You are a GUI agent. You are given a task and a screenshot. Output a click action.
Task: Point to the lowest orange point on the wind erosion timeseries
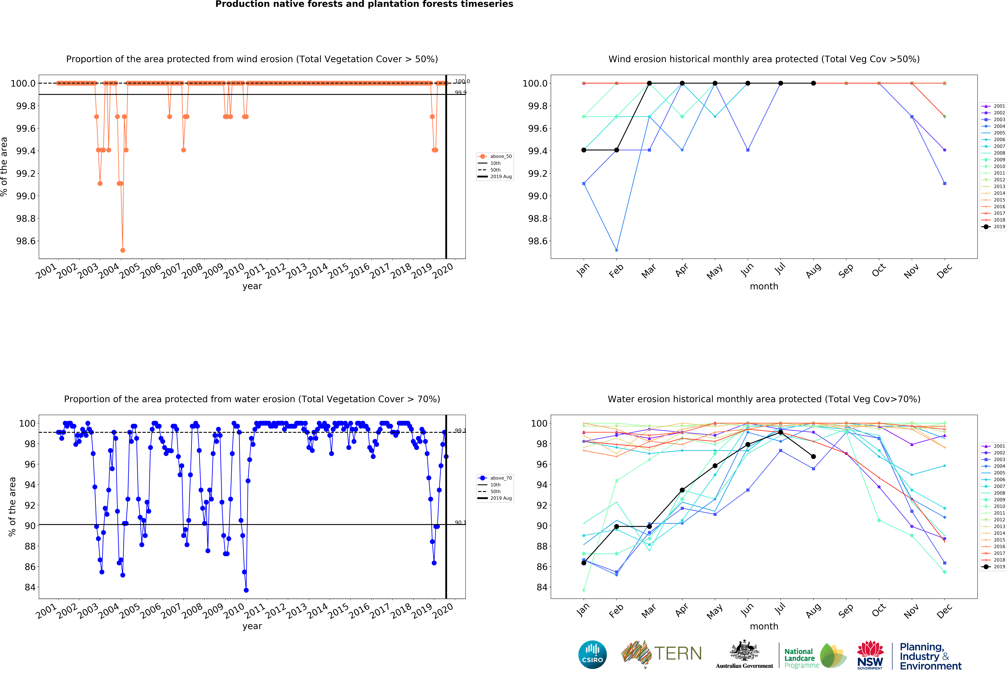123,250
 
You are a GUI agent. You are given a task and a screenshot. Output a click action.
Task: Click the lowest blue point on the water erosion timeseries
246,590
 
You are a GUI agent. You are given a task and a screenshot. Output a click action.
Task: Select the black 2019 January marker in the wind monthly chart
584,150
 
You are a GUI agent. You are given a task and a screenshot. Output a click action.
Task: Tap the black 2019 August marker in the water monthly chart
813,456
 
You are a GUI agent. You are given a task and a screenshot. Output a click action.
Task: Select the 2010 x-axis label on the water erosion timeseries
234,610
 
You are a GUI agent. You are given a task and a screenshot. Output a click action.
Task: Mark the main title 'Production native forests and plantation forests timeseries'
364,4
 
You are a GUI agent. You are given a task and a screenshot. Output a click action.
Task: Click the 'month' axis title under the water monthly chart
764,626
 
